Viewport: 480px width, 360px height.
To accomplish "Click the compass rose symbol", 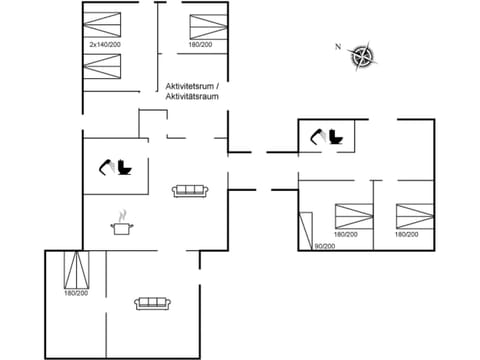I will coord(362,57).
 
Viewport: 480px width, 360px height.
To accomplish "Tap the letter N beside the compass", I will coord(338,47).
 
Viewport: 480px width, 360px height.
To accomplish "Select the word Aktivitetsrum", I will coord(190,88).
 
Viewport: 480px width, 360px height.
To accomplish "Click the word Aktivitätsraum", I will coord(194,99).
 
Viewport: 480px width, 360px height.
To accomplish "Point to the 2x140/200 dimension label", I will coord(104,45).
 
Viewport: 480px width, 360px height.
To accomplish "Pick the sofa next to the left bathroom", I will coord(189,190).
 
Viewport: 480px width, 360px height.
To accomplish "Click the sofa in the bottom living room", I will coord(151,302).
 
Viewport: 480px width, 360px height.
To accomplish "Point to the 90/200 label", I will coord(324,246).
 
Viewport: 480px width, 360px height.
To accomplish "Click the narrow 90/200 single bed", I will coord(305,231).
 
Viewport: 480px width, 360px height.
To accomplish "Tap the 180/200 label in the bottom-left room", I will coord(76,294).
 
